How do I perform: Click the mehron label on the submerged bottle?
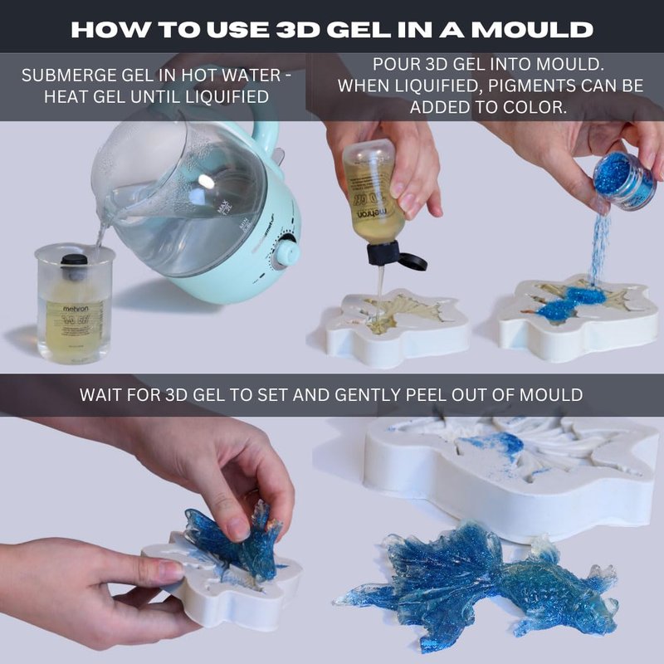[x=76, y=309]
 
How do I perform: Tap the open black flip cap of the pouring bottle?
[x=396, y=255]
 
